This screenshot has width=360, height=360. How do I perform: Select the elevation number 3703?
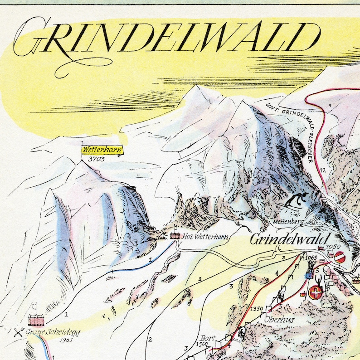coord(97,159)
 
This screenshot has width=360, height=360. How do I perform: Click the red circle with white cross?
coord(314,293)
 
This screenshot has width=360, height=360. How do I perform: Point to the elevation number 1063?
coord(311,258)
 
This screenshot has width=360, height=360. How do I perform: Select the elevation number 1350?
coord(256,309)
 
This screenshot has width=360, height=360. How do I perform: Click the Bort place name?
coord(206,338)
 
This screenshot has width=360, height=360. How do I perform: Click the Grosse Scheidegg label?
coord(53,332)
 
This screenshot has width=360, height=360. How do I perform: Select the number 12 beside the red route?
coord(322,170)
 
